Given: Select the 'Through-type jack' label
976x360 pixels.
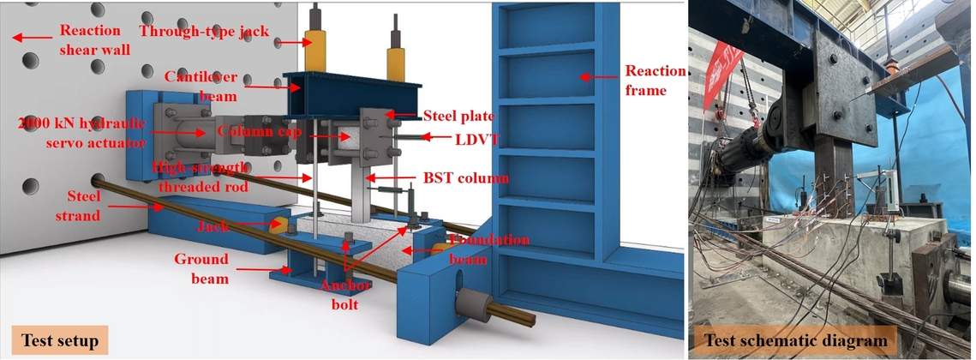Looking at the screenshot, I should tap(204, 32).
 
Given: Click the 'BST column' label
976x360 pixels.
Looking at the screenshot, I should tap(465, 178).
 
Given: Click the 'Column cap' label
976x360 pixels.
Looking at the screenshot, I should tap(257, 131).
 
